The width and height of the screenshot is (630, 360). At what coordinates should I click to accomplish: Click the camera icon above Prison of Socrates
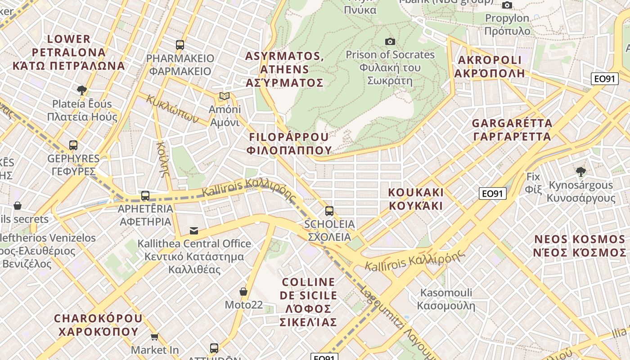coord(390,42)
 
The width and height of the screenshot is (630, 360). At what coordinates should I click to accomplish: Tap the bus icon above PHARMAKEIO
coord(180,45)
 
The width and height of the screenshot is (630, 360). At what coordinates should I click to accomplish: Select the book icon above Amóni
coord(224,96)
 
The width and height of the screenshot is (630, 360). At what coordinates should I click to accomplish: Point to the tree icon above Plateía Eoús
coord(82,90)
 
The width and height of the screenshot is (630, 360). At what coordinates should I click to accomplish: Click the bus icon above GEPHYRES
coord(73,145)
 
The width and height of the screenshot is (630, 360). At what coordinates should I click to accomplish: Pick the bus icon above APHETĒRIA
coord(145,196)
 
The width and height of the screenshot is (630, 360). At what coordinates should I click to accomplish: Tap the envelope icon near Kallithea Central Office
coord(194,231)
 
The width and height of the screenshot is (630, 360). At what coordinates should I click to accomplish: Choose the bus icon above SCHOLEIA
coord(329,211)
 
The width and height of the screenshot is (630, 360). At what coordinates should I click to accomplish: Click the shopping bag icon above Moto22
coord(243,292)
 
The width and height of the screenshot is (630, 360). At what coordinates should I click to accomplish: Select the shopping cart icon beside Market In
coord(155,337)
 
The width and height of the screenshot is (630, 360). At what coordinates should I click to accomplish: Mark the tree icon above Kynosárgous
coord(581,171)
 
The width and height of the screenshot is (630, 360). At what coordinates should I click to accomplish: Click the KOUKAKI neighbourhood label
coord(416,199)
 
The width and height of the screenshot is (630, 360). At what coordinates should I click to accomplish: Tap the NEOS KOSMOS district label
coord(580,245)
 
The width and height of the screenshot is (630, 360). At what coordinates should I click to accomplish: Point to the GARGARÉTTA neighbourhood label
coord(512,130)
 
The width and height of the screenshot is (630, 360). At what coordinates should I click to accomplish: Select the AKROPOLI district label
coord(490,66)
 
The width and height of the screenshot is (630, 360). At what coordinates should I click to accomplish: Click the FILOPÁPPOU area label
coord(289,143)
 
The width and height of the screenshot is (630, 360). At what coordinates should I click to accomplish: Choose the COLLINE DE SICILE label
coord(308,302)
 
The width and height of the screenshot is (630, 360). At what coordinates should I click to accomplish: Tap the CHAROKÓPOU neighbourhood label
coord(98,325)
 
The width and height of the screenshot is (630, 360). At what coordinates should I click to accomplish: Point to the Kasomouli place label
coord(446,299)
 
